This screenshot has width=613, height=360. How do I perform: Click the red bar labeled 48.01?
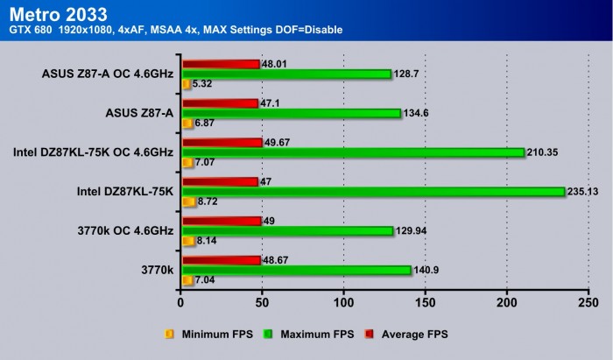[220, 64]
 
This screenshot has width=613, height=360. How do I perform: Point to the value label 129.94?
[412, 231]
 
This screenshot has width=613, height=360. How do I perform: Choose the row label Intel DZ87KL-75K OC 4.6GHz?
[93, 152]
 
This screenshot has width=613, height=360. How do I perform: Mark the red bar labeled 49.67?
[221, 143]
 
